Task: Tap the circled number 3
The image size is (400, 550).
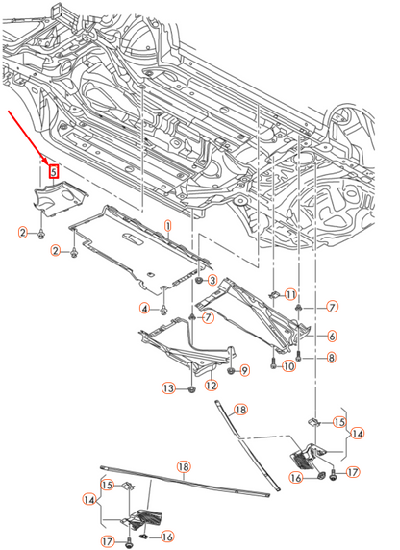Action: point(212,280)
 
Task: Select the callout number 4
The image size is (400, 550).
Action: point(145,308)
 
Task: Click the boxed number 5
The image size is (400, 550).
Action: point(54,171)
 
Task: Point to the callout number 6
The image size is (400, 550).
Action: point(331,336)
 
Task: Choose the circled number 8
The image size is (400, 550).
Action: point(331,358)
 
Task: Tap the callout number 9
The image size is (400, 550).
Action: point(244,370)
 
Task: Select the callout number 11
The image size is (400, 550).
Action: point(290,292)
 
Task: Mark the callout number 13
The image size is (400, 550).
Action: point(168,388)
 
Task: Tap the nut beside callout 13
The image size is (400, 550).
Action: point(190,389)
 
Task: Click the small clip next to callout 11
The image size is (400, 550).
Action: point(272,294)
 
